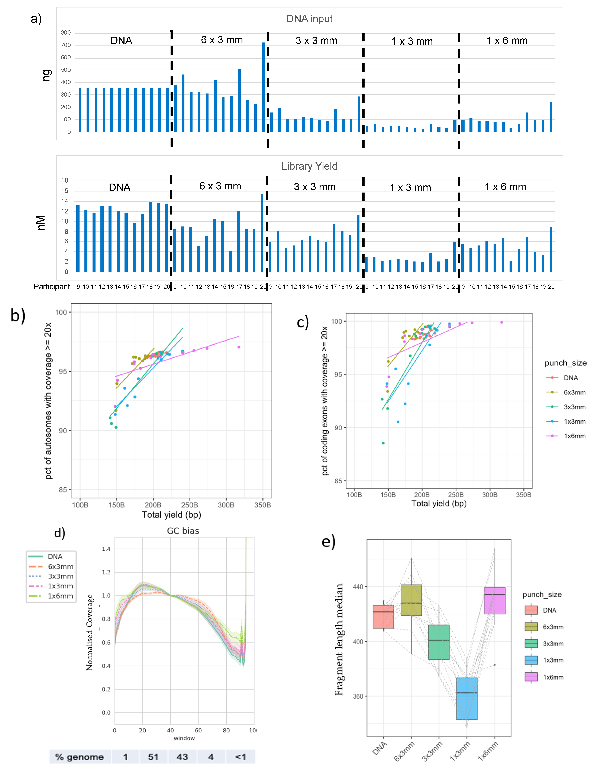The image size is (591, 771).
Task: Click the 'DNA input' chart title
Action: pyautogui.click(x=309, y=19)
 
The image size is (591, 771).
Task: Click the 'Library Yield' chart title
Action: pyautogui.click(x=309, y=166)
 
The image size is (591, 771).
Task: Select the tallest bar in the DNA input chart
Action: pyautogui.click(x=264, y=87)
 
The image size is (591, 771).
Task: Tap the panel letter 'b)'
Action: pyautogui.click(x=18, y=315)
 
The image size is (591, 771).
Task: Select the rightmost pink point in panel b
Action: pyautogui.click(x=239, y=347)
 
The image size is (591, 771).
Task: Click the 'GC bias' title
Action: pyautogui.click(x=183, y=531)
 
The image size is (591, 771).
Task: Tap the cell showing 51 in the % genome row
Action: pyautogui.click(x=153, y=757)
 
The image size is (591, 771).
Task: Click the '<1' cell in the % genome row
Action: pyautogui.click(x=241, y=757)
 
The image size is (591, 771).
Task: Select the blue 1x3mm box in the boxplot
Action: pyautogui.click(x=467, y=699)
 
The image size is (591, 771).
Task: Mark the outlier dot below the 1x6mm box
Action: pyautogui.click(x=495, y=665)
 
